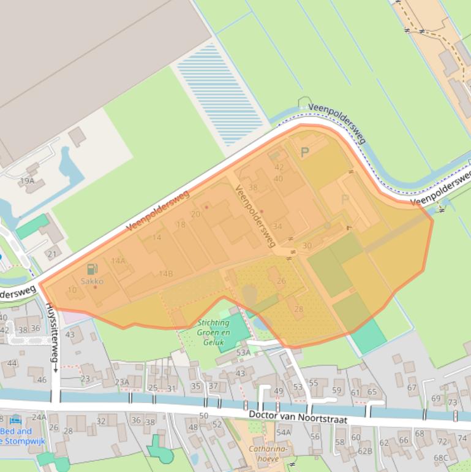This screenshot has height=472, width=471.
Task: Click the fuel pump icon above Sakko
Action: coord(92,268)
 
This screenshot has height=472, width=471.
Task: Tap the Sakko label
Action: coord(92,281)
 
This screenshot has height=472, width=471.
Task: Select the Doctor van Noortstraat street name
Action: coord(298,416)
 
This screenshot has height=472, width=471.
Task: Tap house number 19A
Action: coord(27,181)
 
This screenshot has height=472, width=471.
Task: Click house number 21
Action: coord(51,254)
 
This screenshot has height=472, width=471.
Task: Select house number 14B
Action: coord(165,273)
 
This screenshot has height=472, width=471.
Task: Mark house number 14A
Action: coord(118,261)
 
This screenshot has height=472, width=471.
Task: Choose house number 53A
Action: coord(243,352)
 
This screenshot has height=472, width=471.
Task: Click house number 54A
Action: coord(283,432)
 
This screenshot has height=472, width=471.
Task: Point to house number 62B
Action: coord(365,452)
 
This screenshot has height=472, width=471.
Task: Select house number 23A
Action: coord(122,383)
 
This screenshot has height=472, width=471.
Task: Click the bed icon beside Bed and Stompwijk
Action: coord(15,420)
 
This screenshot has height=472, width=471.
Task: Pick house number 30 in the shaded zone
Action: coord(307,246)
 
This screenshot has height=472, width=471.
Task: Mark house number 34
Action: coord(277,226)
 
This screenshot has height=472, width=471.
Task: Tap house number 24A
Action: coord(39,417)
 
